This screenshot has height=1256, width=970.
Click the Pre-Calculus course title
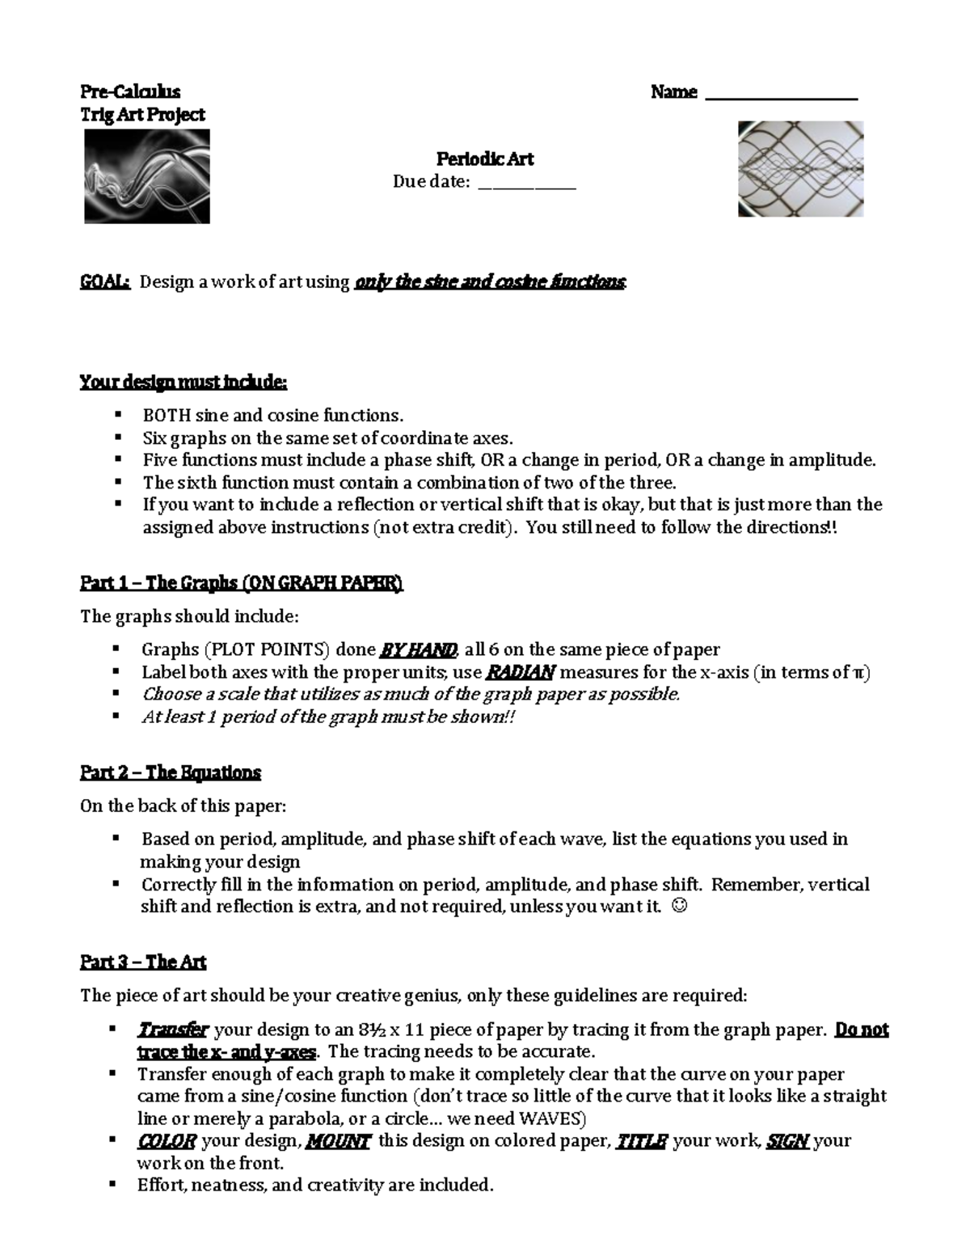129,92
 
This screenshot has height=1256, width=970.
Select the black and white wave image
147,176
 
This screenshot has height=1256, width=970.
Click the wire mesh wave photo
800,169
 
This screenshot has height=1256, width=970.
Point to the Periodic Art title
485,159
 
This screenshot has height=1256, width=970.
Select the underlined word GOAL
104,282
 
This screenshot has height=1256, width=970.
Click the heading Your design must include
183,382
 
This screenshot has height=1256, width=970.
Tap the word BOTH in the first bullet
167,416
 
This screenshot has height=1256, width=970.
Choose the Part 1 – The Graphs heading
241,583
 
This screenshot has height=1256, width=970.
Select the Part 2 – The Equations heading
171,772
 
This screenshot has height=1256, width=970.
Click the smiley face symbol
679,907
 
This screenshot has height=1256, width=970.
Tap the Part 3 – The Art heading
143,962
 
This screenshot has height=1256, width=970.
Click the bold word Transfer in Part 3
174,1030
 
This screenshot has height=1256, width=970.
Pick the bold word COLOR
167,1141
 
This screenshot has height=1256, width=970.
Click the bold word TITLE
641,1141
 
